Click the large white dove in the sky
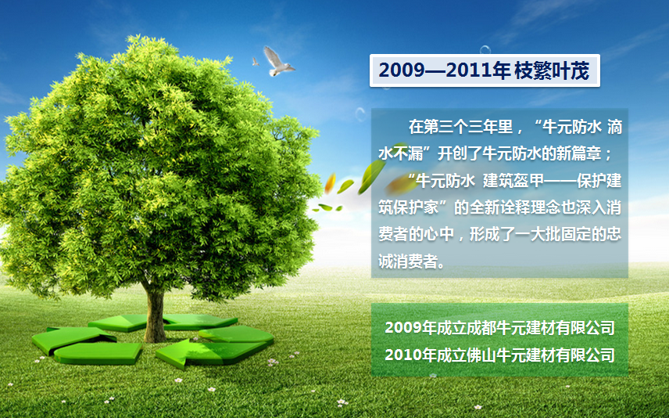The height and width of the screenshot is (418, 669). [277, 62]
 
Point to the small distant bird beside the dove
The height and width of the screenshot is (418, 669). [255, 62]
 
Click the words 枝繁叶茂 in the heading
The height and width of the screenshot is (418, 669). [552, 70]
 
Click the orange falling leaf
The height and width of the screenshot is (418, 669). [330, 183]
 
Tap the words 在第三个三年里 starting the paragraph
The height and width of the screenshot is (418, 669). [460, 127]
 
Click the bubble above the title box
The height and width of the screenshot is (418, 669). [485, 50]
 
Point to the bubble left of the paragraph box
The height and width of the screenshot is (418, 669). [360, 114]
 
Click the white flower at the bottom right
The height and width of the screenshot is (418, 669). [478, 407]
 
